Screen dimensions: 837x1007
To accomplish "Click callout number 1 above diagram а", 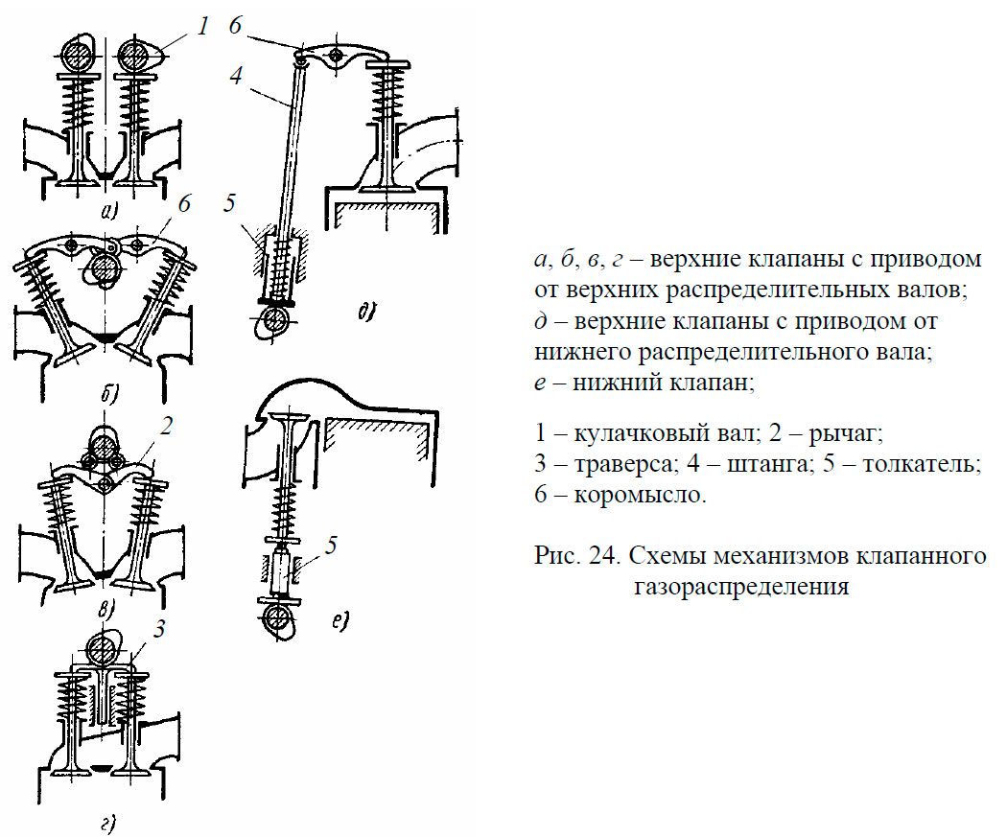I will (202, 27).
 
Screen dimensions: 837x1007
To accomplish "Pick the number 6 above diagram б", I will (185, 203).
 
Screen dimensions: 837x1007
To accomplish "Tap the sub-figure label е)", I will (339, 622).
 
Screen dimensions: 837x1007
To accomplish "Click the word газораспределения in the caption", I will (740, 586).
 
